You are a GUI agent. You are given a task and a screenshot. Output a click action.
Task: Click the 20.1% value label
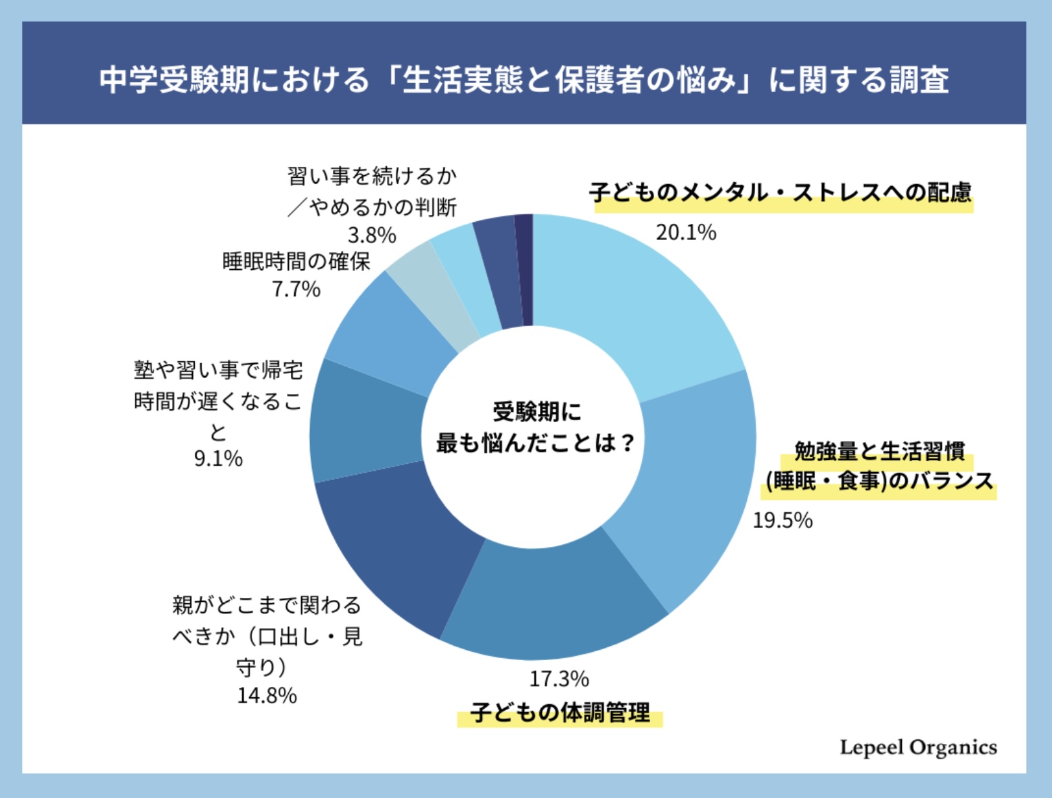(x=685, y=233)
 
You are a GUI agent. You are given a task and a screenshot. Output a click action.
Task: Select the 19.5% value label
(x=782, y=520)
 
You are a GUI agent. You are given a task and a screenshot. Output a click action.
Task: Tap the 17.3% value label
(x=559, y=678)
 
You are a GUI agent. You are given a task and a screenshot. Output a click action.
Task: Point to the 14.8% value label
(x=267, y=695)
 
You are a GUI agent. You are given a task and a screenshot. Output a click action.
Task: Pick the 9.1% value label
(x=218, y=459)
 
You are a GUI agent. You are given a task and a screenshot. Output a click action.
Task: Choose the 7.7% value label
(x=296, y=289)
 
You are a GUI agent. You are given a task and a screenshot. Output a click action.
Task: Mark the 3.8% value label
(x=371, y=235)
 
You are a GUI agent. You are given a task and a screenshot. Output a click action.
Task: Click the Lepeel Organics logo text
(x=918, y=747)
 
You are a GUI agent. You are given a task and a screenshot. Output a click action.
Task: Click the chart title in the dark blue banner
(x=524, y=80)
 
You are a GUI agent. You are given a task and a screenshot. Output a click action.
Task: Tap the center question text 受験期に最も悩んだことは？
(x=534, y=427)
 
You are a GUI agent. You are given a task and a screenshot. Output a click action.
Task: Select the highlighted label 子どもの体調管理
(x=559, y=712)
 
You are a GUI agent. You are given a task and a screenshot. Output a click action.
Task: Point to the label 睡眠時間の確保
(x=296, y=261)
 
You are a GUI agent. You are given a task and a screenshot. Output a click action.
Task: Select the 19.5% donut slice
(x=690, y=487)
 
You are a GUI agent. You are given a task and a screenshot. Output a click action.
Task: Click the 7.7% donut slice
(x=389, y=325)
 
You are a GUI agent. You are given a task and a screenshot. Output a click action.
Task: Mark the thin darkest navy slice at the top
(x=524, y=271)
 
